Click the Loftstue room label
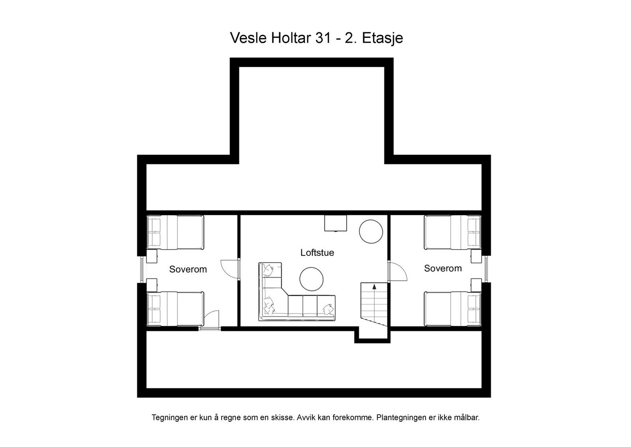click(x=317, y=253)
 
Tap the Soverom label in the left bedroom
click(x=188, y=269)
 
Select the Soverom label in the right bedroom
click(x=442, y=269)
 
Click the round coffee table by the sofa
click(x=312, y=279)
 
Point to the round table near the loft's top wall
click(x=371, y=232)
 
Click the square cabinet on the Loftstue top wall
click(x=336, y=223)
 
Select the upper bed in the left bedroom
click(x=175, y=232)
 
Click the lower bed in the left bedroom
click(x=175, y=309)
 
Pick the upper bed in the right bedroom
click(x=453, y=232)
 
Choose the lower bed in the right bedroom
click(x=453, y=309)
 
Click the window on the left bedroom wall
click(x=142, y=269)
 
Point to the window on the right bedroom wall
click(x=486, y=269)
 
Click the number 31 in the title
click(x=322, y=38)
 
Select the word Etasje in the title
click(x=382, y=39)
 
